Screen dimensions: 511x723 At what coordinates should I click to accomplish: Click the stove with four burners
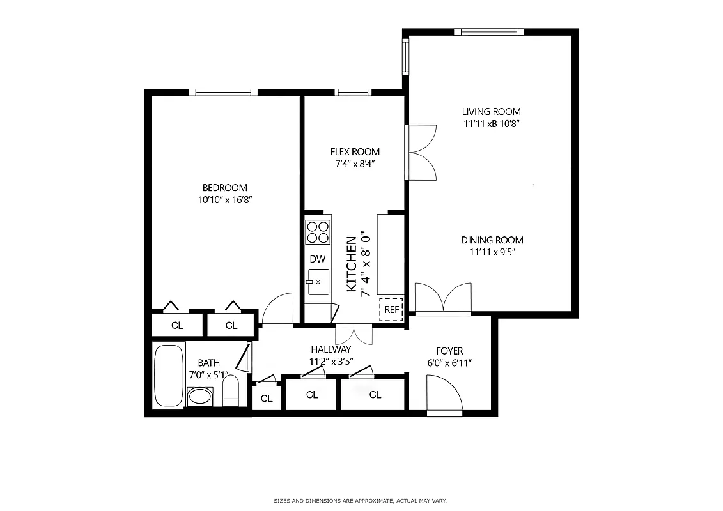[x=318, y=231]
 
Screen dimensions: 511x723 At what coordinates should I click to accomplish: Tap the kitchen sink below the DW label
[x=318, y=282]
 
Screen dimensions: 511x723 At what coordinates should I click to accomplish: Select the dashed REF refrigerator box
[x=391, y=309]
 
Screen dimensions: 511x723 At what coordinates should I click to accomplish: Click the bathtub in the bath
[x=169, y=376]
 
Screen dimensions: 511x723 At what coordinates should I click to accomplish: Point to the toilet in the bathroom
[x=231, y=391]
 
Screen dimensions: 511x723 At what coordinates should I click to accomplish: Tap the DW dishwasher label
[x=318, y=259]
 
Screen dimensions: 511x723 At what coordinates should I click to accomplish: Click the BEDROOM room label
[x=224, y=188]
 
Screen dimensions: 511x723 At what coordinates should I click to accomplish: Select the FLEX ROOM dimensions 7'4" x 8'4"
[x=355, y=164]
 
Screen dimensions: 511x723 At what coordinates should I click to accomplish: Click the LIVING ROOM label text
[x=492, y=112]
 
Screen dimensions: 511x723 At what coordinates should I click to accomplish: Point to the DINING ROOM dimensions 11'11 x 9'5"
[x=492, y=252]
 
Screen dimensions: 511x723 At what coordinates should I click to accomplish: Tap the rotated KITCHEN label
[x=352, y=264]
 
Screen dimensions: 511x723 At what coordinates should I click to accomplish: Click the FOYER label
[x=449, y=351]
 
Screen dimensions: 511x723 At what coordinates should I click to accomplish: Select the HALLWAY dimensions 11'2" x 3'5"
[x=330, y=360]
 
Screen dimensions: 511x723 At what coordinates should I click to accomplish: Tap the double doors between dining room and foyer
[x=443, y=298]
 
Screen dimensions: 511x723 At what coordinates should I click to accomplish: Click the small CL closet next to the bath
[x=267, y=399]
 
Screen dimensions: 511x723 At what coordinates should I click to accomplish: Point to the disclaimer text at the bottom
[x=361, y=500]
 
